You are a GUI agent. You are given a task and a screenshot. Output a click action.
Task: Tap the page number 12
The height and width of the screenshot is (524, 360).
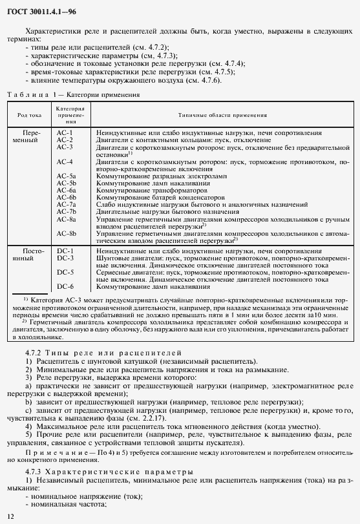[x=10, y=516]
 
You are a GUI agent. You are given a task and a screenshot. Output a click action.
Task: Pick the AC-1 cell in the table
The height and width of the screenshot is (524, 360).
[x=65, y=132]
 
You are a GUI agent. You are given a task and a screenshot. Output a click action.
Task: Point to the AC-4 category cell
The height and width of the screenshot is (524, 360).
[x=65, y=162]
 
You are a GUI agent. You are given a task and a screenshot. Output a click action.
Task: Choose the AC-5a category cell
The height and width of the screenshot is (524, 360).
[x=66, y=176]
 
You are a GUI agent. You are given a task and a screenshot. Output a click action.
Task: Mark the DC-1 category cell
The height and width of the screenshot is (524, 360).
[x=65, y=250]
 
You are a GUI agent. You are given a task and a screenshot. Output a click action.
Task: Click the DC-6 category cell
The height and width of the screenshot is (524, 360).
[x=65, y=286]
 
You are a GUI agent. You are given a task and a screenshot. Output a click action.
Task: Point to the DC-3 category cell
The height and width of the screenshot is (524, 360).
[x=65, y=257]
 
